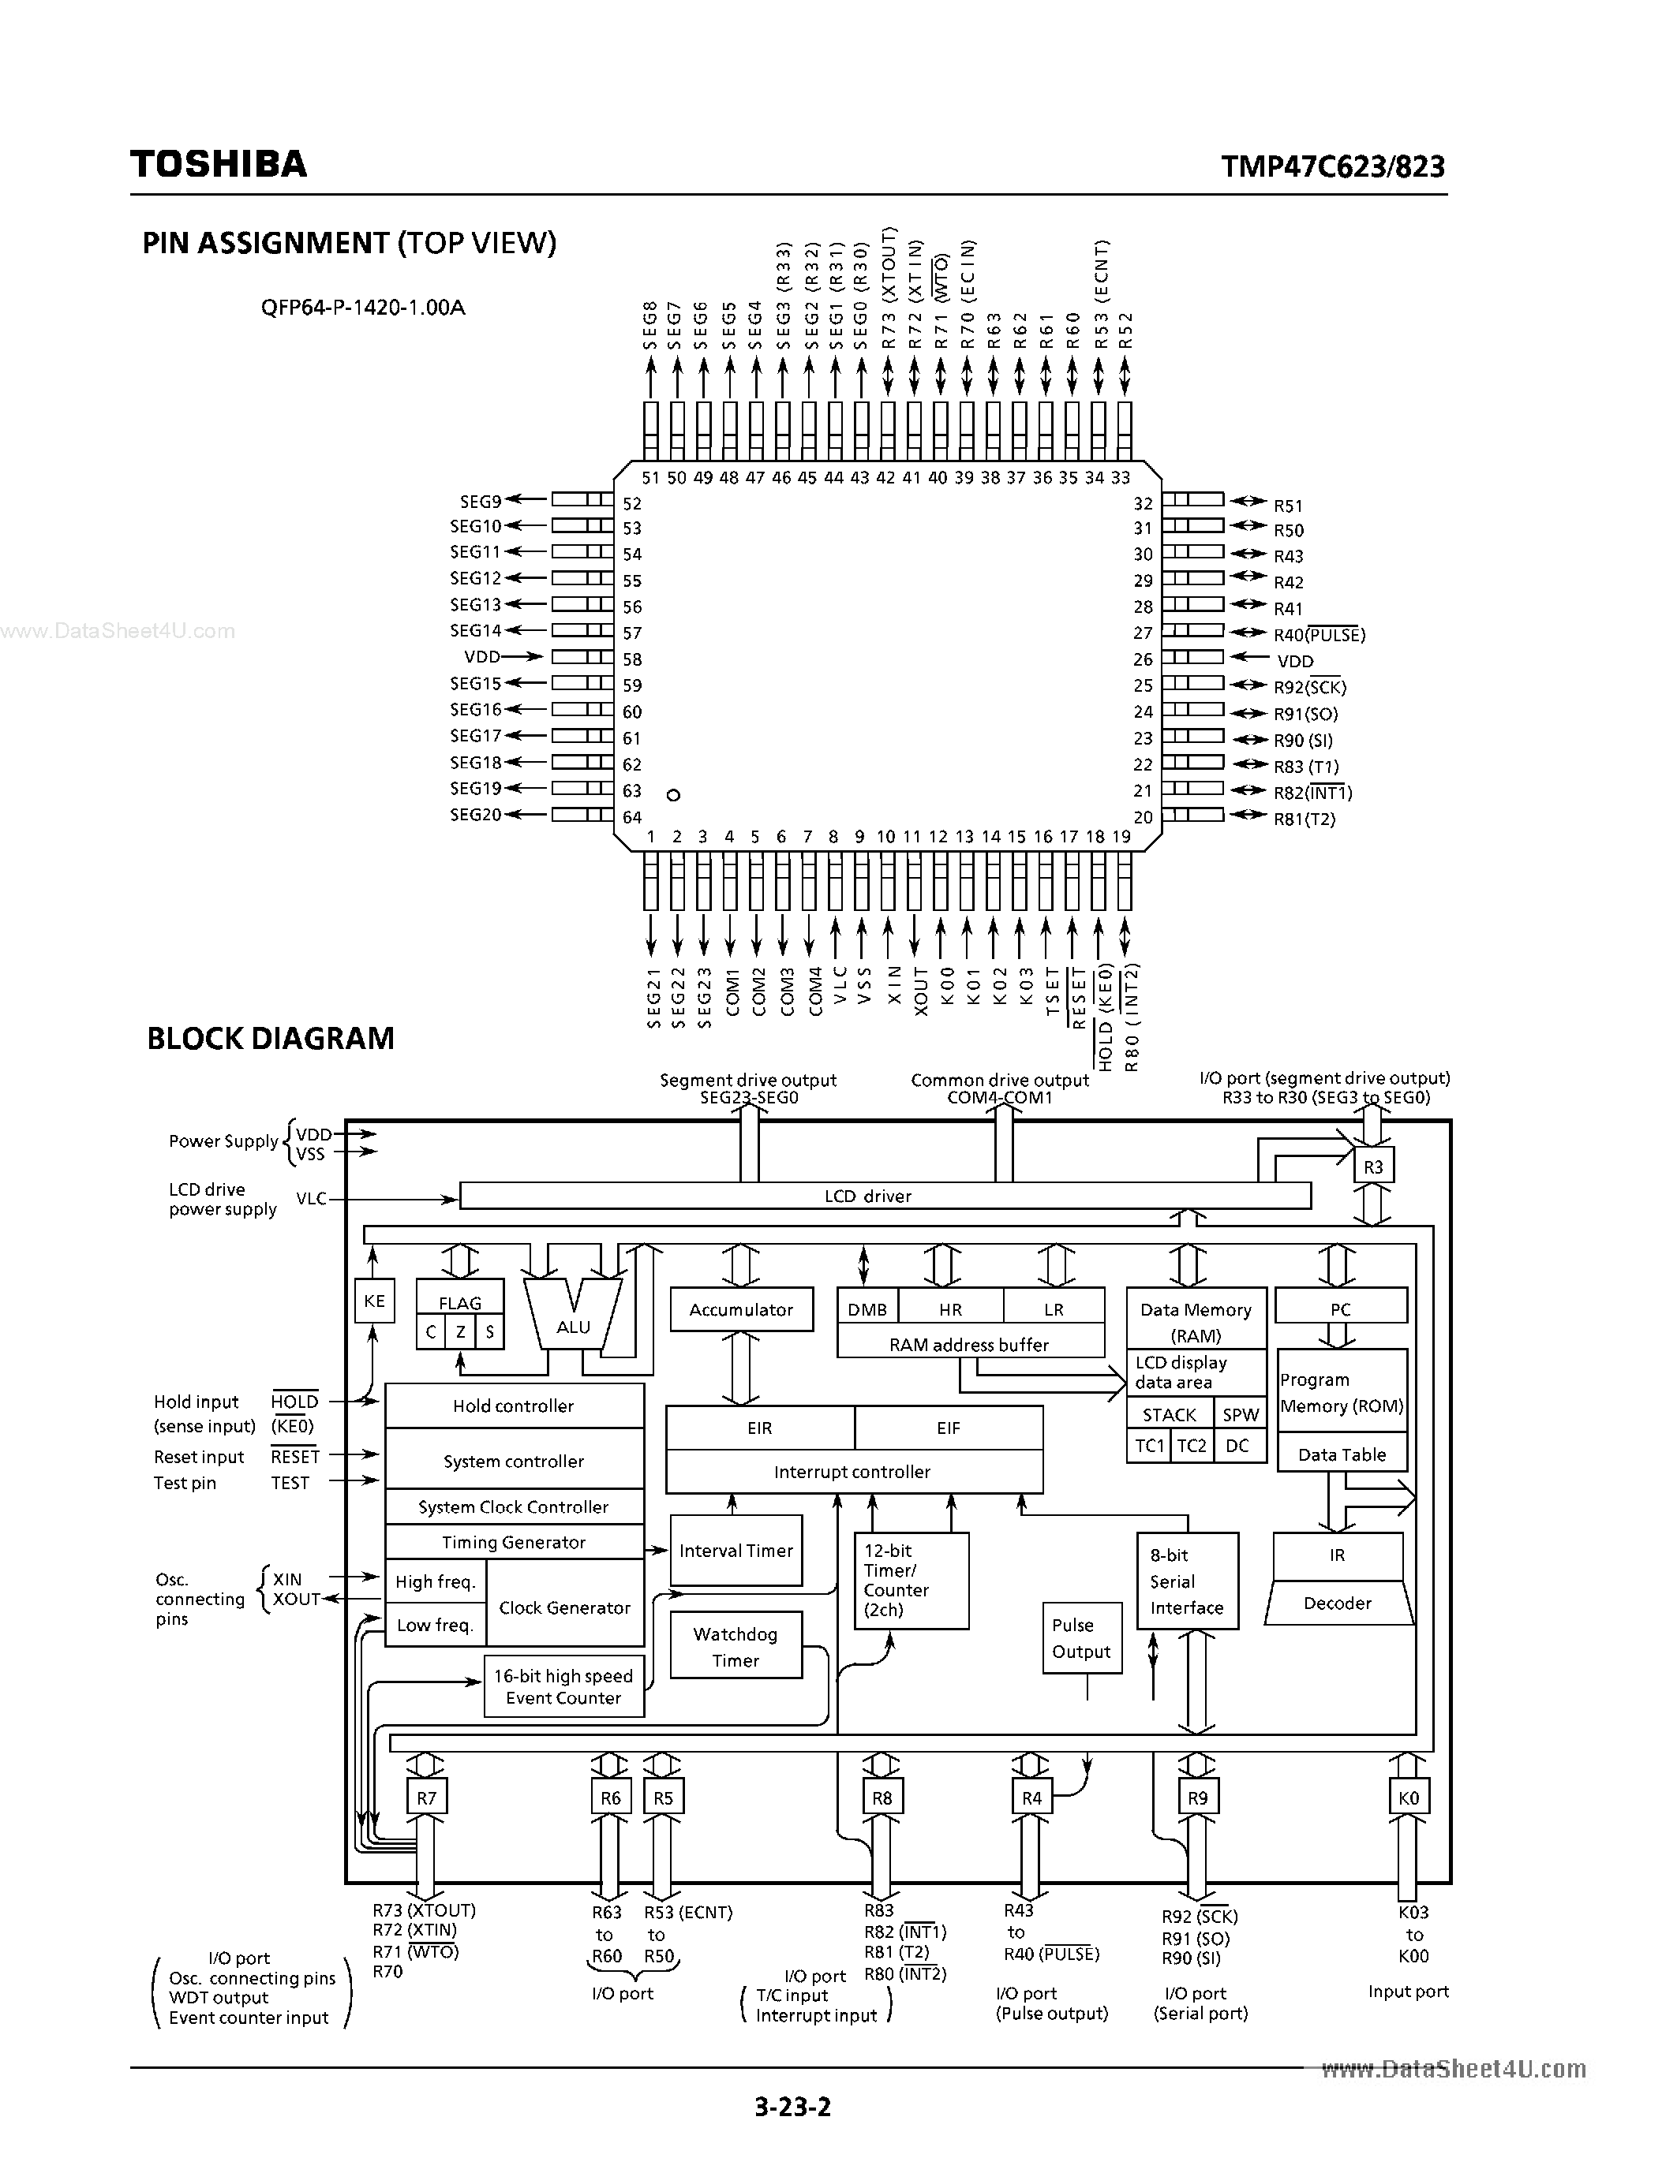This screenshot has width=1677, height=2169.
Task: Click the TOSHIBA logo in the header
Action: click(219, 164)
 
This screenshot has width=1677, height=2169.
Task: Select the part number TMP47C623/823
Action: click(1332, 166)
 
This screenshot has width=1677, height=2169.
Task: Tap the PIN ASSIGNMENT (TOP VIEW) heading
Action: click(349, 243)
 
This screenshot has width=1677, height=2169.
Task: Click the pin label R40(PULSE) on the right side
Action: click(1320, 635)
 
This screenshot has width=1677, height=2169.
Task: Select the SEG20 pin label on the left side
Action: click(476, 815)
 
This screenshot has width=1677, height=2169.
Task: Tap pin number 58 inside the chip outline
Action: click(632, 659)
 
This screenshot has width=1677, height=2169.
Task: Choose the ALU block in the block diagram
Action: click(573, 1326)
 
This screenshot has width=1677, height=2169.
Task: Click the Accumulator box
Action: click(741, 1309)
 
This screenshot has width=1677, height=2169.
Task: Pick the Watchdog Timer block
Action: click(736, 1647)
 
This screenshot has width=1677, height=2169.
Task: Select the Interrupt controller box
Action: click(852, 1472)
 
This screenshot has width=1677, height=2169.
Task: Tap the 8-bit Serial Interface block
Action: click(1187, 1581)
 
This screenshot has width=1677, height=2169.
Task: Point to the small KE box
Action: click(375, 1300)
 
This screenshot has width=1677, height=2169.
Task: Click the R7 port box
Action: click(426, 1798)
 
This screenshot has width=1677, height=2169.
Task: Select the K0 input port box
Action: click(1408, 1798)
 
